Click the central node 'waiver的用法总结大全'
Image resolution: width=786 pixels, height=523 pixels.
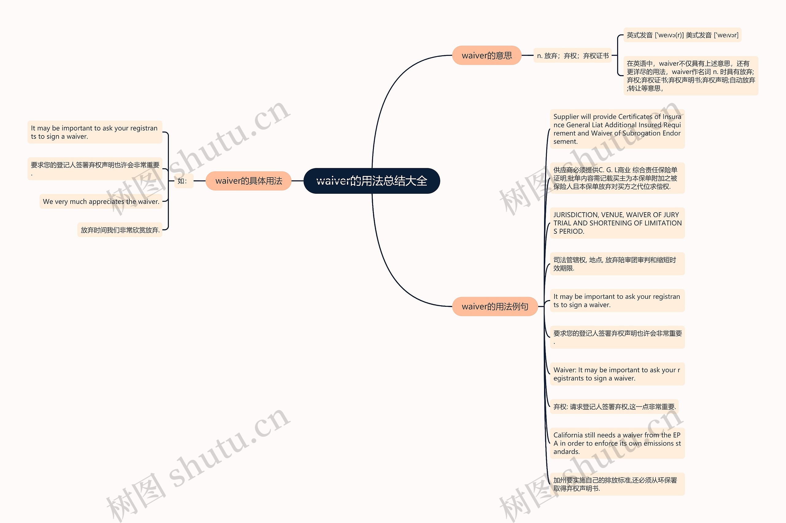tap(372, 181)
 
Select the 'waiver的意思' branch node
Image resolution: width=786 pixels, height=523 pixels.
tap(487, 55)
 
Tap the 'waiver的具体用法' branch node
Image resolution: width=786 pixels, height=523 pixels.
tap(248, 181)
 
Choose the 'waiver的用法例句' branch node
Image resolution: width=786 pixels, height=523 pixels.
tap(495, 306)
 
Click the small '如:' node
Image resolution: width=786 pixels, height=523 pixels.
tap(182, 181)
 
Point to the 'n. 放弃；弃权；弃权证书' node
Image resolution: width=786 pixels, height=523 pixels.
tap(573, 56)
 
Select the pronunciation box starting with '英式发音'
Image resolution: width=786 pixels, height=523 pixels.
tap(682, 35)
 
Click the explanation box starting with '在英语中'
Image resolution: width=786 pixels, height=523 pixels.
tap(690, 76)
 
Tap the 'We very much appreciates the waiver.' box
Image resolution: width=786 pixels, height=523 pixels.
tap(101, 201)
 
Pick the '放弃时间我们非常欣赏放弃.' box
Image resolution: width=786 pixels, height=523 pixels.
tap(120, 230)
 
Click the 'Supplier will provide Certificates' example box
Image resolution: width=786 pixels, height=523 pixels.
tap(617, 129)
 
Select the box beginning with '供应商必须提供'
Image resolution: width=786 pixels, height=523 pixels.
tap(617, 178)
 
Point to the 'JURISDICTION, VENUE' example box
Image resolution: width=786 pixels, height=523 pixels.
tap(617, 223)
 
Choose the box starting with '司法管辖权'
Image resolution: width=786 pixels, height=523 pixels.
tap(617, 264)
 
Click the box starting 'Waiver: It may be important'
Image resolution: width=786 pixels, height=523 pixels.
tap(617, 374)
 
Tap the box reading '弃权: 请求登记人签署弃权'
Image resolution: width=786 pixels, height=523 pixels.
tap(614, 407)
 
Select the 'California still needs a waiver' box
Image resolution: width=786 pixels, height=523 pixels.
tap(617, 443)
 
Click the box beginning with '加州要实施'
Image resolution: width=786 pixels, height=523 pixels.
tap(617, 484)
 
